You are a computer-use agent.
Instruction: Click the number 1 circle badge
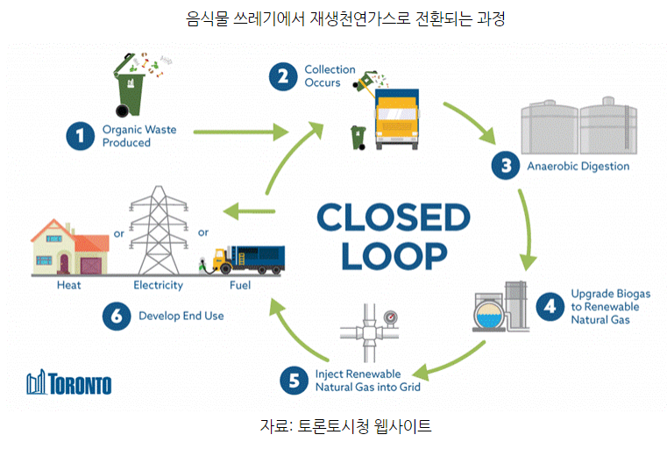tap(80, 135)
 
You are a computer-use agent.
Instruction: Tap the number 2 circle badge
tap(282, 76)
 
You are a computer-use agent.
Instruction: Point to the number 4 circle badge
tap(550, 306)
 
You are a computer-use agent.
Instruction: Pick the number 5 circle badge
tap(292, 380)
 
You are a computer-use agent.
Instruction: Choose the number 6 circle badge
tap(115, 317)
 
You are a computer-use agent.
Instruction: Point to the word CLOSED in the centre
tap(394, 217)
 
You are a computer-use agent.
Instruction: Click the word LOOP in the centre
tap(394, 255)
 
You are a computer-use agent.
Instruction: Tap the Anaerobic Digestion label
tap(577, 167)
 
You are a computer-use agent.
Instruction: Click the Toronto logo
tap(69, 384)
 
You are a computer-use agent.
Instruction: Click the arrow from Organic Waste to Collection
tap(240, 133)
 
